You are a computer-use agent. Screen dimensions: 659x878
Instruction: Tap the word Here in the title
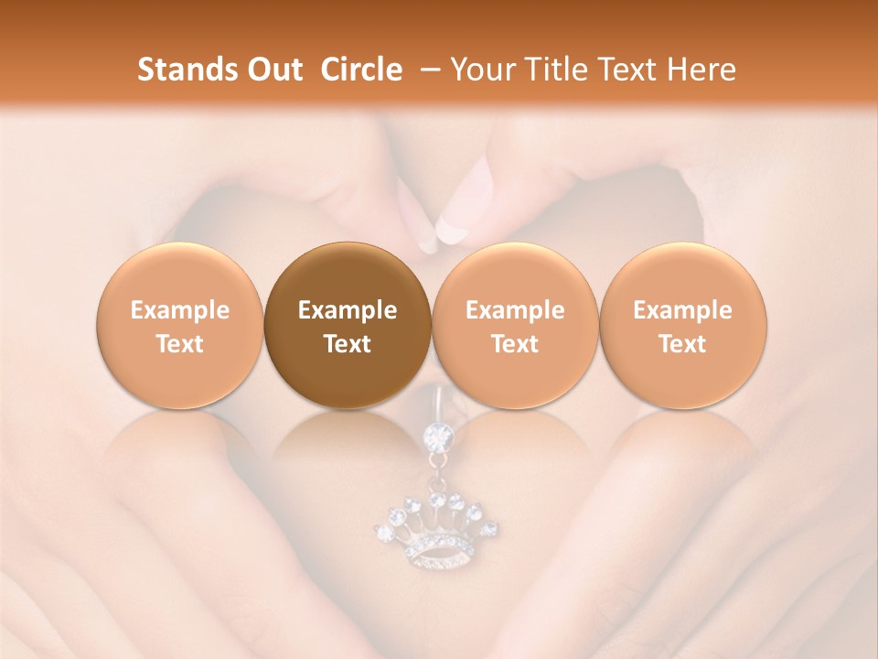(x=701, y=70)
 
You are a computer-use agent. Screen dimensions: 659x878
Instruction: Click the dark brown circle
(x=348, y=325)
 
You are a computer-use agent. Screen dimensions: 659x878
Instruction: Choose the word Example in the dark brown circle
(x=348, y=310)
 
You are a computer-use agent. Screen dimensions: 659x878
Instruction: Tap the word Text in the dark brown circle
(x=348, y=344)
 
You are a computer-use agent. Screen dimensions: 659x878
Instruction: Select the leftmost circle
(x=179, y=325)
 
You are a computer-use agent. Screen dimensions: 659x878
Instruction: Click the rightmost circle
(x=682, y=325)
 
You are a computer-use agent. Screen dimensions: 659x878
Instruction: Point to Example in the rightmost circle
(x=682, y=310)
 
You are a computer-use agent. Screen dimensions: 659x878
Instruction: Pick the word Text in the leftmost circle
(x=179, y=344)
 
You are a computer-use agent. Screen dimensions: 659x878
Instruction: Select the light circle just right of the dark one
(x=515, y=325)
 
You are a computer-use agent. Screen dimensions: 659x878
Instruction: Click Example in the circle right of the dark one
(x=515, y=310)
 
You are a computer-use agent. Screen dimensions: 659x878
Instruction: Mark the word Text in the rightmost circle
(x=682, y=344)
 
